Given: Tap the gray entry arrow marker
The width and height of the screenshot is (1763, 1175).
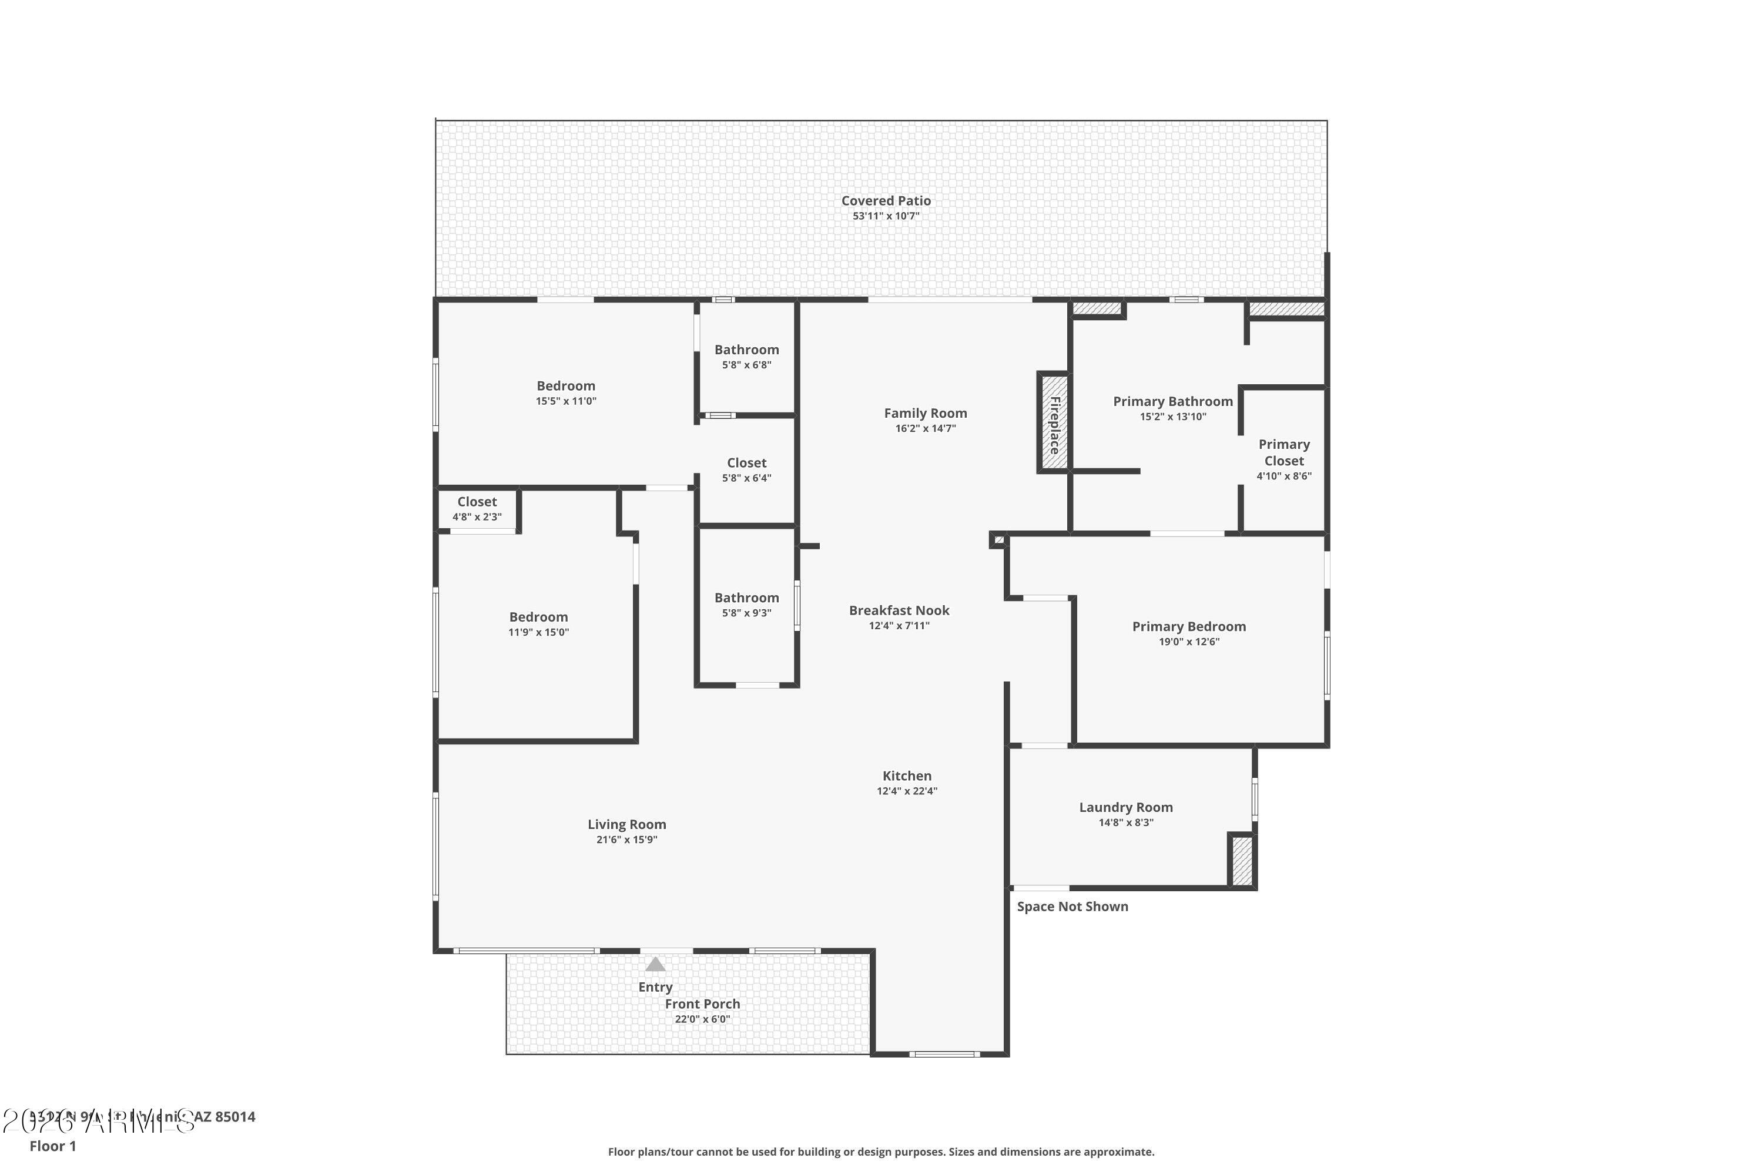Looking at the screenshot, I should (x=655, y=965).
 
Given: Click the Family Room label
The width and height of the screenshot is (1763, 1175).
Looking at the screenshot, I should (x=925, y=413).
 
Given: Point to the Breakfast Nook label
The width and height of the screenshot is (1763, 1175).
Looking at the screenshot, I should (x=899, y=610).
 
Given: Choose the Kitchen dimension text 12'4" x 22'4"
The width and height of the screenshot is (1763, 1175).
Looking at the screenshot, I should (x=907, y=791).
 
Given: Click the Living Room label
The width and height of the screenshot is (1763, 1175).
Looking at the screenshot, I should (x=626, y=824).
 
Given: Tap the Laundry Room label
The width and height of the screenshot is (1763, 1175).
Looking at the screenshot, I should (x=1125, y=807).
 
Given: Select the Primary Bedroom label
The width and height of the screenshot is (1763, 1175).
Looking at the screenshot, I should (x=1189, y=626).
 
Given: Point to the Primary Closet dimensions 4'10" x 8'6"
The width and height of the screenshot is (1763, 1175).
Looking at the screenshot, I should (x=1284, y=476).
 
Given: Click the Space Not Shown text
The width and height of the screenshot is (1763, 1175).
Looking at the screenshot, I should (x=1072, y=907).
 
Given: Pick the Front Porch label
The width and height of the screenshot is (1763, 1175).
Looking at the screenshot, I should (x=702, y=1004).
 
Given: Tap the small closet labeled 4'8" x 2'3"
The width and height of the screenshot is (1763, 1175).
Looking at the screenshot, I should (x=477, y=509).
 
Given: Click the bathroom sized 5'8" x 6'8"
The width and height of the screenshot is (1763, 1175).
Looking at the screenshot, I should (x=746, y=357).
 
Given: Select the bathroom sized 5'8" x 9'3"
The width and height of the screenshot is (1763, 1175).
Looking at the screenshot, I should (x=746, y=605).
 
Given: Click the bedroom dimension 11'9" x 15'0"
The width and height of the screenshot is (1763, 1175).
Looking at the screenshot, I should (x=538, y=633).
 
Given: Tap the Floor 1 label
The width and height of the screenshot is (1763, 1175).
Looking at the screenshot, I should (x=52, y=1146).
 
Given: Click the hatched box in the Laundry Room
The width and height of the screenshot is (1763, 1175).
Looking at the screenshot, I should (x=1241, y=861).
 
